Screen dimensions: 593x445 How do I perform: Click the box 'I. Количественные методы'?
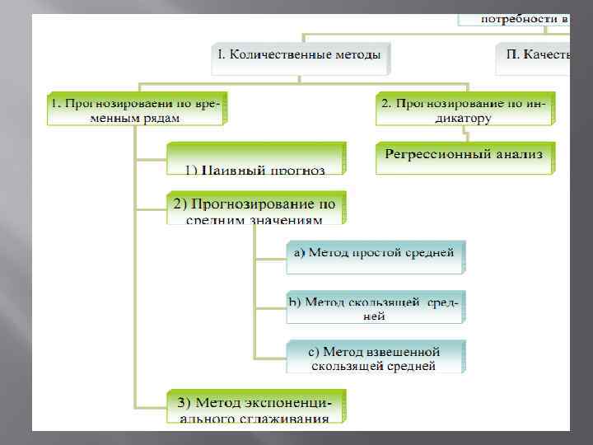click(x=300, y=56)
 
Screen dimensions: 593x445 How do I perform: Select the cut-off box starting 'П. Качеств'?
click(x=534, y=56)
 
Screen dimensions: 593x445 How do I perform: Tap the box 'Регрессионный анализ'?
click(x=465, y=156)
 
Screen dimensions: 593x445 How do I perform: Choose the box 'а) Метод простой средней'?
click(x=375, y=255)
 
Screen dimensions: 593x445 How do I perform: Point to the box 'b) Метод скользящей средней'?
click(x=375, y=307)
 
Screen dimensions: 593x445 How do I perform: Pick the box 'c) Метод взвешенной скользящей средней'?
click(x=375, y=358)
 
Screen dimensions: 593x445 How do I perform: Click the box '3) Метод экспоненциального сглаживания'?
click(x=255, y=408)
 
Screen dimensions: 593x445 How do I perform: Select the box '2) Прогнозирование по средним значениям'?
click(x=255, y=208)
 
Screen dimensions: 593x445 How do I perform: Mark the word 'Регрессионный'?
click(x=436, y=154)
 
